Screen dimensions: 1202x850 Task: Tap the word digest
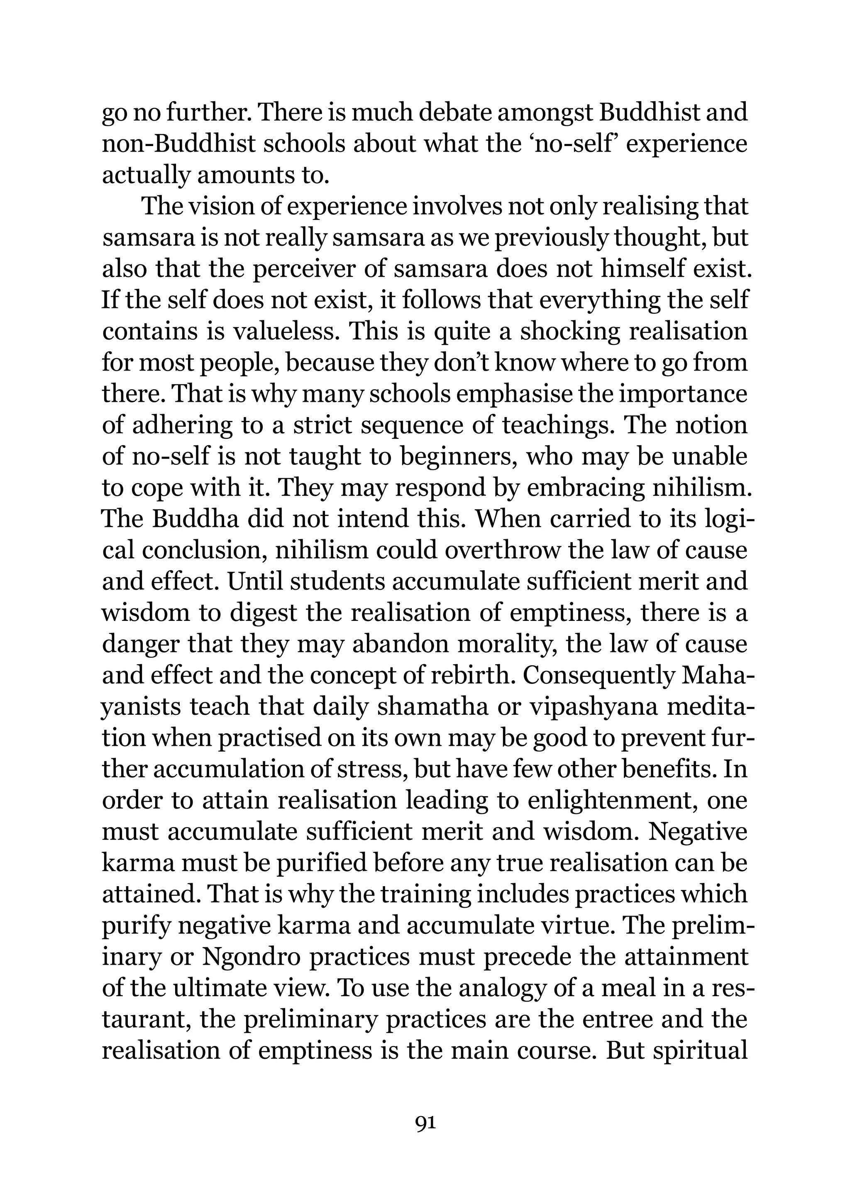pos(267,613)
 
